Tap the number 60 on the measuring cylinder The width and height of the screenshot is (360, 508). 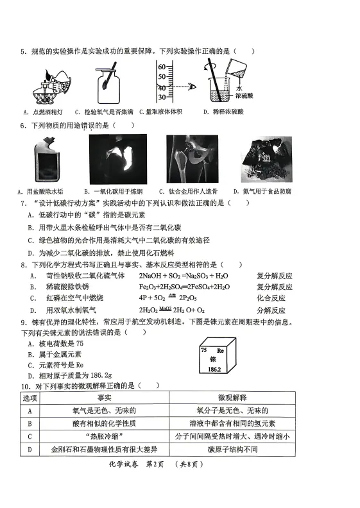click(162, 67)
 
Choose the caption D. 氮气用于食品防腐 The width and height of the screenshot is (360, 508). click(262, 191)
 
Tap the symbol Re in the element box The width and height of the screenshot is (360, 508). click(220, 351)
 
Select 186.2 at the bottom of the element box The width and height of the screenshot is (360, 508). click(214, 371)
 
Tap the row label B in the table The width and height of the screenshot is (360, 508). click(30, 423)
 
